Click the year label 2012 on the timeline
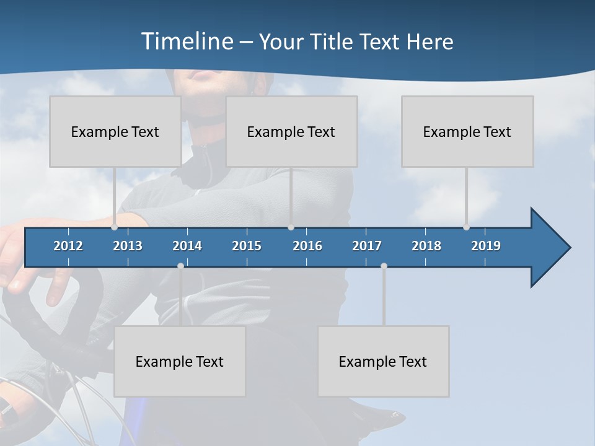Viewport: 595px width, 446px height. click(x=68, y=246)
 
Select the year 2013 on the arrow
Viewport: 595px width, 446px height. click(x=128, y=246)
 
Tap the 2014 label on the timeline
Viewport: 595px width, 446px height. click(x=187, y=246)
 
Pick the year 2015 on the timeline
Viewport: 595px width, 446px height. click(x=247, y=246)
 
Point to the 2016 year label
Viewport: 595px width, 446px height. click(x=307, y=246)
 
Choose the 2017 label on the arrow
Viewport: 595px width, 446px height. click(x=367, y=246)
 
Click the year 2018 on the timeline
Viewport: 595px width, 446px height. click(x=426, y=246)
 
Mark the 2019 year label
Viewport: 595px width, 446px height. click(x=486, y=246)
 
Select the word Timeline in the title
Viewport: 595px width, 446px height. click(x=187, y=42)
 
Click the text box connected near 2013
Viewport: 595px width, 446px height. click(x=115, y=131)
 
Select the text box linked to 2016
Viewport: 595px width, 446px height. click(x=291, y=131)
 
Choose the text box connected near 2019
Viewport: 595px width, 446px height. click(x=467, y=131)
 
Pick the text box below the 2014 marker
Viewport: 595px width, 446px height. click(x=180, y=361)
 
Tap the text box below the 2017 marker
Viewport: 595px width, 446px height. click(x=383, y=361)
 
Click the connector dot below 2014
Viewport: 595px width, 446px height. click(x=180, y=266)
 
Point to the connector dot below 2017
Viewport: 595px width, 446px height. click(x=384, y=266)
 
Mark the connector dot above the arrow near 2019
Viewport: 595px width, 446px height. click(x=466, y=227)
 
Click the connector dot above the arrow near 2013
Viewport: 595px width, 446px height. click(x=115, y=227)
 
